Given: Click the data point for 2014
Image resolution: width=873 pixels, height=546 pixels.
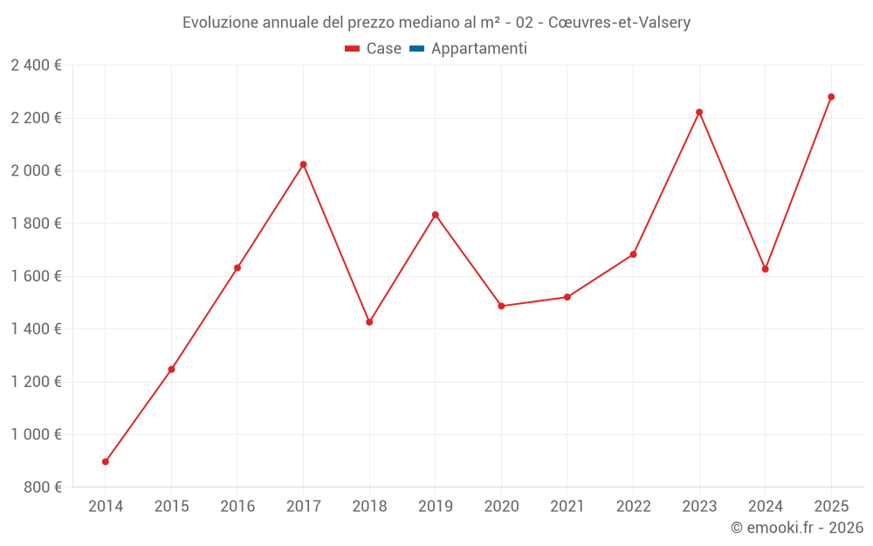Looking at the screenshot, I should (x=106, y=461).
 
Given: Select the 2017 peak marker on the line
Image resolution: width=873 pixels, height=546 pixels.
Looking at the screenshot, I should (x=304, y=164).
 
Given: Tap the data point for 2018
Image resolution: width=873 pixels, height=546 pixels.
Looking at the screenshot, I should (x=369, y=322).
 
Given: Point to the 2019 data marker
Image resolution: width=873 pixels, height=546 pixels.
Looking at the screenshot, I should (x=436, y=215).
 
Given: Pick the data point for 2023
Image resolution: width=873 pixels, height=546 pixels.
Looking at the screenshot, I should (x=699, y=112).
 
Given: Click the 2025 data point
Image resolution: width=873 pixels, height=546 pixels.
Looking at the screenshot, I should (x=831, y=97).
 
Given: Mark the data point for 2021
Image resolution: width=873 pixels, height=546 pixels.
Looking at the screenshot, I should (x=567, y=297).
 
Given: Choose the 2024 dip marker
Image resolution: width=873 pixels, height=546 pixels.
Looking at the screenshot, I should (x=766, y=269).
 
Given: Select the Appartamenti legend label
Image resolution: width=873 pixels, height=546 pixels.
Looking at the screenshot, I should (x=478, y=49).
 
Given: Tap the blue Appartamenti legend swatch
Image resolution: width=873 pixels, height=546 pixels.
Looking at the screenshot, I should (x=416, y=49).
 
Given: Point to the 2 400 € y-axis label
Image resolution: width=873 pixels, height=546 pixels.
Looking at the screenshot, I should (x=36, y=66).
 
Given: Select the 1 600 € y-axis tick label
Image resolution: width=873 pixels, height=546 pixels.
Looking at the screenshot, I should (x=36, y=276).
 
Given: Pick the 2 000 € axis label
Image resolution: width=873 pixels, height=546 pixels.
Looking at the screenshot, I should (x=36, y=171).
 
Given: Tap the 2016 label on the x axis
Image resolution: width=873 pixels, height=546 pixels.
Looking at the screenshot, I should (x=237, y=507).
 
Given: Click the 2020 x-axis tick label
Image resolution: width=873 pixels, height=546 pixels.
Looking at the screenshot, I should (x=501, y=507).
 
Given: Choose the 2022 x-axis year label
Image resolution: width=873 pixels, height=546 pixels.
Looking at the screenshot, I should (x=633, y=507).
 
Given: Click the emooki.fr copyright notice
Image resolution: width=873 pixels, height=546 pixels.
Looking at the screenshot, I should (x=796, y=528).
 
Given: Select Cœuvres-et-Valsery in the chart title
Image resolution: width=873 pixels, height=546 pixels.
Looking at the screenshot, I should (x=619, y=23).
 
